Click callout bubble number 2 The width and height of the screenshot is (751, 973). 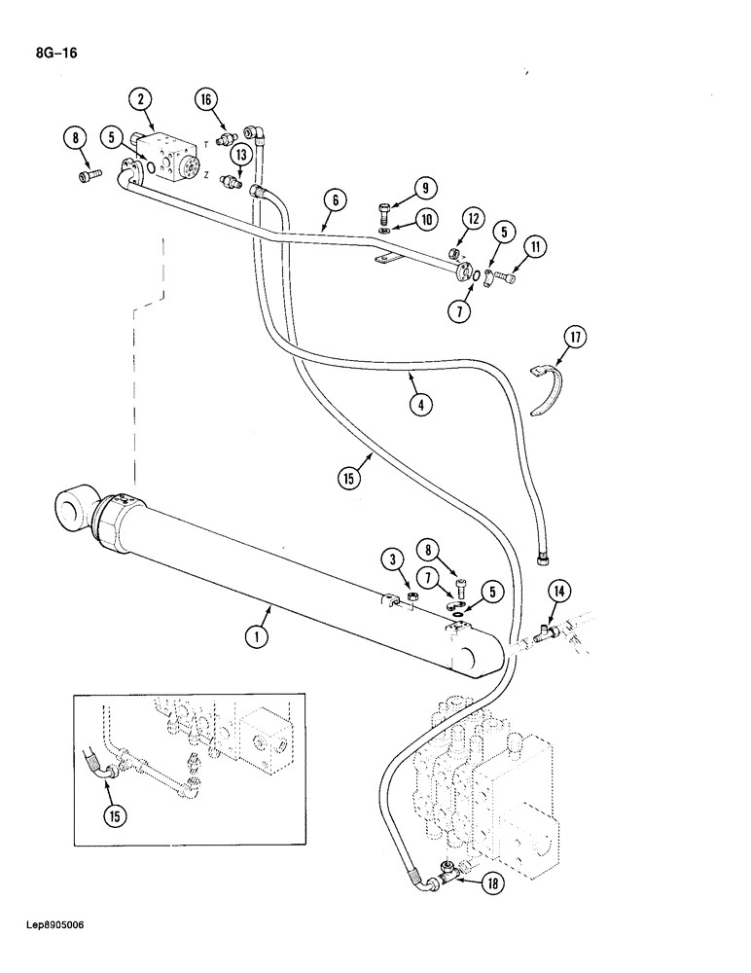[x=142, y=98]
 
